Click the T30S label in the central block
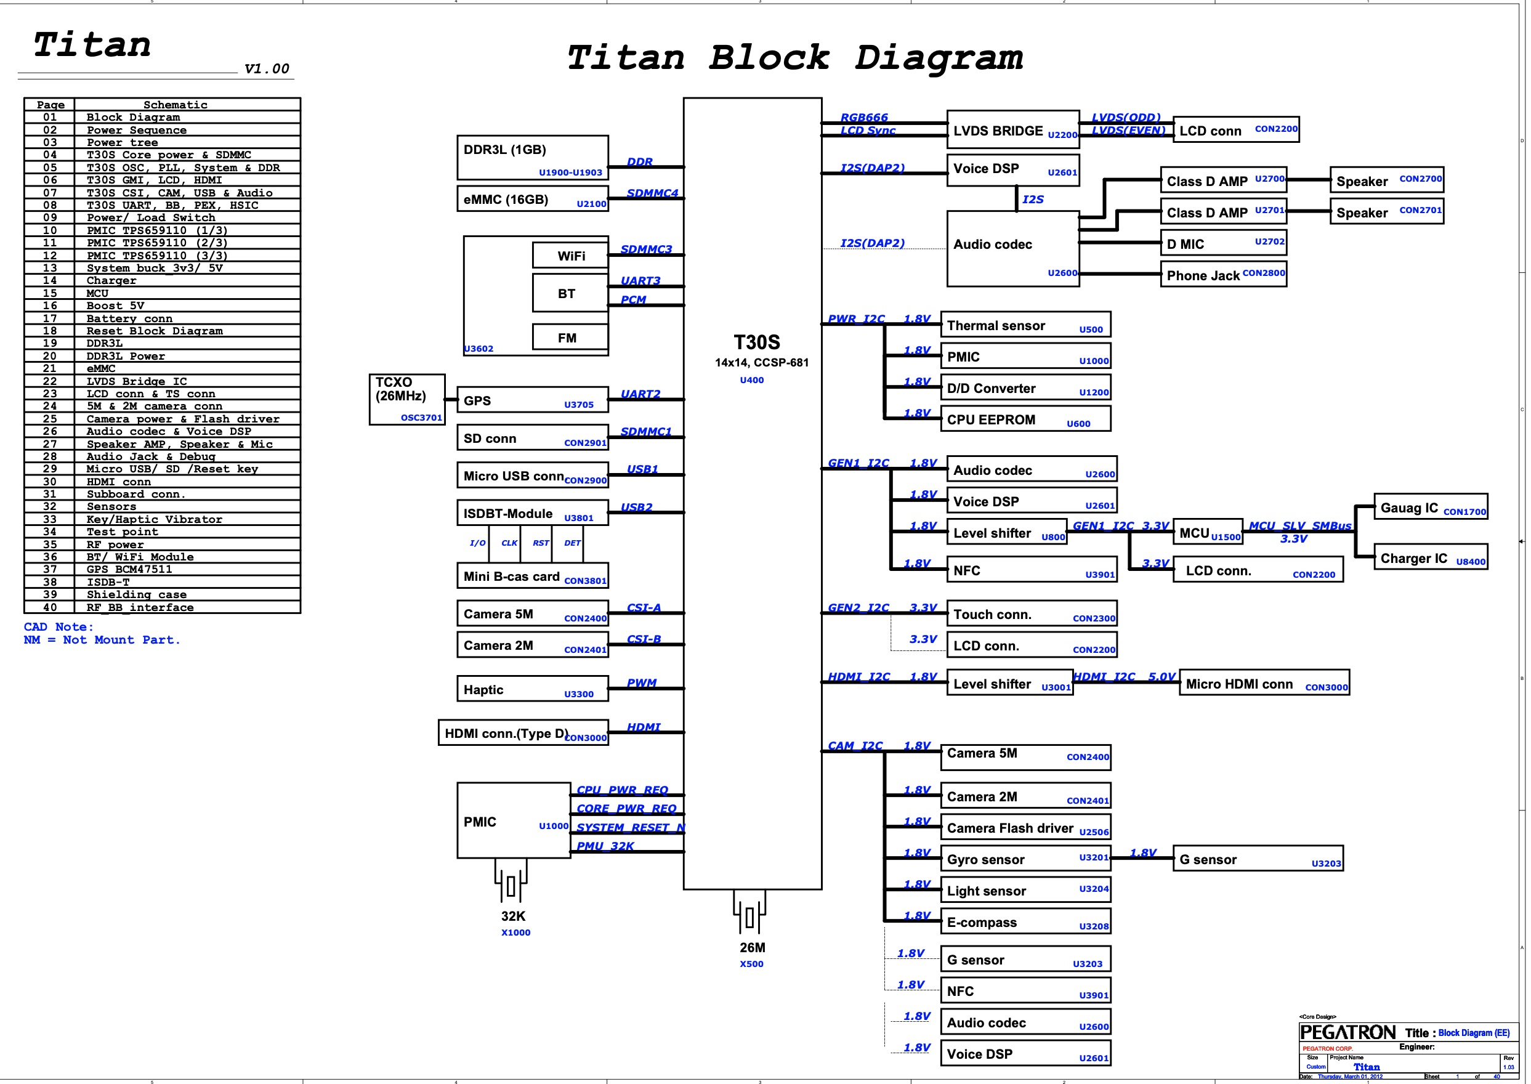pos(756,342)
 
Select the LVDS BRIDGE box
pos(1012,129)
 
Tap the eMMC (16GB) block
pos(532,199)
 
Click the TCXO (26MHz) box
pos(406,399)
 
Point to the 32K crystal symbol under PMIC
pos(511,886)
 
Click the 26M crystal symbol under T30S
pos(749,918)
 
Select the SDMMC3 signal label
pos(645,249)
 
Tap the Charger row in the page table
pos(111,280)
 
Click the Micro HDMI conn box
pos(1263,683)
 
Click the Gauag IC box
pos(1430,507)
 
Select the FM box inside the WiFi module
pos(569,337)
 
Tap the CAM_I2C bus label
pos(855,746)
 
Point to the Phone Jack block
pos(1222,274)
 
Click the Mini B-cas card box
pos(532,575)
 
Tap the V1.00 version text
pos(266,69)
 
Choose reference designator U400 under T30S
pos(751,380)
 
